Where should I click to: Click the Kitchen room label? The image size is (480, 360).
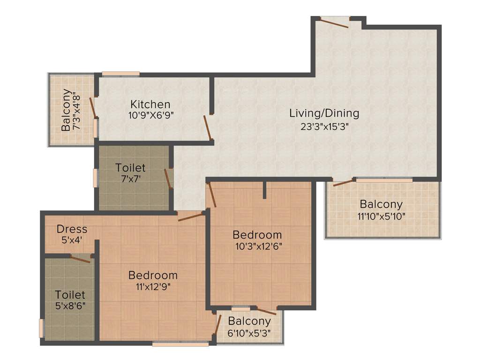150,104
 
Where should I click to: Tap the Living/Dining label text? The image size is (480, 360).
324,113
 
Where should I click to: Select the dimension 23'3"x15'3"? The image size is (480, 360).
324,126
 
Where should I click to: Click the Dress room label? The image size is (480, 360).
72,229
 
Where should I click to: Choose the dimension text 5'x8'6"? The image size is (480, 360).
70,306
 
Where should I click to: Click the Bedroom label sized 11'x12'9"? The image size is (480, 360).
153,275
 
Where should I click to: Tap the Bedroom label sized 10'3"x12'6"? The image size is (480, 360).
257,234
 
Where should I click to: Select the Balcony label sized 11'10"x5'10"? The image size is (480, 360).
381,204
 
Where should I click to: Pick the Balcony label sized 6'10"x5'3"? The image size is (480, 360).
249,321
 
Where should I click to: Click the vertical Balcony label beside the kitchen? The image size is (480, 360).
67,110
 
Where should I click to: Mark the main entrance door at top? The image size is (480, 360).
335,22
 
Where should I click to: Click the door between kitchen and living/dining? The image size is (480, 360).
208,128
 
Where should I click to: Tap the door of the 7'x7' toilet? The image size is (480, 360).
168,179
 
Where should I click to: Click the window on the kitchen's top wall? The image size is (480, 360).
120,74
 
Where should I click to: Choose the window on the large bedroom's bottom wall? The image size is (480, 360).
180,344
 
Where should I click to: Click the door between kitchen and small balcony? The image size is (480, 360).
94,107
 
